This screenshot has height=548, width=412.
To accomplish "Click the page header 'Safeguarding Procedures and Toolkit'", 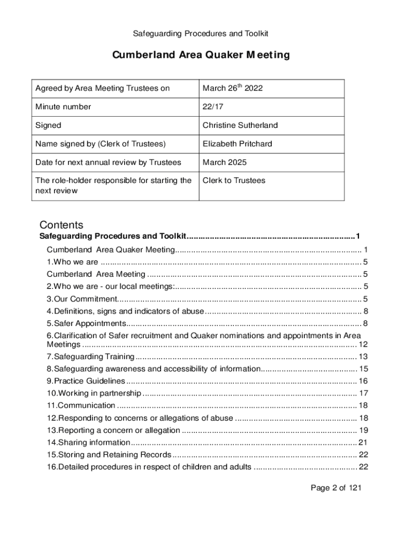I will point(200,33).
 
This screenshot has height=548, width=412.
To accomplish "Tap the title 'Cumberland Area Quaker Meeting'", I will point(201,55).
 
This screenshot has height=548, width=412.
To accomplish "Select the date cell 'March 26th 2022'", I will point(232,88).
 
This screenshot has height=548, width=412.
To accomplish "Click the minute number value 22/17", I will point(212,106).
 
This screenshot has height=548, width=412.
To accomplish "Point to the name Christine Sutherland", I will point(240,125).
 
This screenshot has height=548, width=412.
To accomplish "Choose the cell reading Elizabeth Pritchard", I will point(237,143).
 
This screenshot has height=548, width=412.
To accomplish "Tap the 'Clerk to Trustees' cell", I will point(234,180).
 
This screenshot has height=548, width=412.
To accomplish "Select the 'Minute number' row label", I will point(63,106).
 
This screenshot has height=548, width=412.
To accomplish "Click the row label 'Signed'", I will point(48,125).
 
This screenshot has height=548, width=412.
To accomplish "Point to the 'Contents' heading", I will point(62,225).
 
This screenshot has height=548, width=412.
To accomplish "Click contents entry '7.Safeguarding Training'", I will point(90,356).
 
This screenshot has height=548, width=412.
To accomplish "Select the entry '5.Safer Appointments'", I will point(86,323).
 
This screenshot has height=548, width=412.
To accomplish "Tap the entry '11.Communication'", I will point(81,405).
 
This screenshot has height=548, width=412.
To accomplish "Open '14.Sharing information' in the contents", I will point(88,442).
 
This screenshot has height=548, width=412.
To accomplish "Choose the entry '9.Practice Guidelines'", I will point(86,381).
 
